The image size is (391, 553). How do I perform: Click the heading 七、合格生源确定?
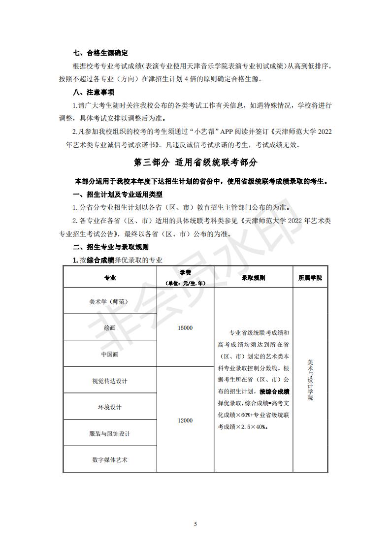[100, 53]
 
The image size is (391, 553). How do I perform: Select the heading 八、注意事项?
[94, 93]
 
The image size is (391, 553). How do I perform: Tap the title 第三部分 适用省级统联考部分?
[195, 163]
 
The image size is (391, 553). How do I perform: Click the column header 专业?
[110, 278]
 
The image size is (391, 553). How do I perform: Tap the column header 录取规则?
[253, 278]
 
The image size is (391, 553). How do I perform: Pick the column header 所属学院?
[310, 278]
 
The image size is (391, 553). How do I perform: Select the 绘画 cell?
[110, 328]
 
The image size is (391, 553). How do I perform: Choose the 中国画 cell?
[110, 354]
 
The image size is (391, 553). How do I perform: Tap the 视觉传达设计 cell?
[110, 381]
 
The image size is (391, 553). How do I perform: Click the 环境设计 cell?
[110, 407]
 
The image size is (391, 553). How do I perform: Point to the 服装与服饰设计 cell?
[110, 434]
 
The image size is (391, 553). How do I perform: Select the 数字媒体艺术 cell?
[110, 460]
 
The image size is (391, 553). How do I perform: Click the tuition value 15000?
[185, 328]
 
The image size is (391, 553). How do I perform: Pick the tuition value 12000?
[185, 421]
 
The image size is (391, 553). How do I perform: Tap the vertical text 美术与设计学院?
[310, 380]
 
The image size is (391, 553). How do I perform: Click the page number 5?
[195, 524]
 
